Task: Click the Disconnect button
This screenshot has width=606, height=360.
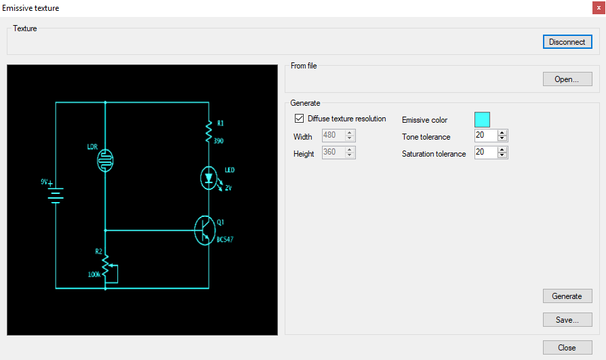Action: (567, 42)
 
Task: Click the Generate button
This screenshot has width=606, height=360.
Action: (567, 296)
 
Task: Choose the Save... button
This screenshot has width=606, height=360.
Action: (567, 320)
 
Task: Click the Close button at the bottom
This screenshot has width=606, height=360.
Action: (567, 348)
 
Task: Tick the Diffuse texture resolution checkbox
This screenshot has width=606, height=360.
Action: (299, 119)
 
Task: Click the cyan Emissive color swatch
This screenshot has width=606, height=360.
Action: (482, 120)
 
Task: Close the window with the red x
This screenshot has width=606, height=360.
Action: (599, 7)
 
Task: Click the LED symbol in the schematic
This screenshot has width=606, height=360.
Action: (209, 178)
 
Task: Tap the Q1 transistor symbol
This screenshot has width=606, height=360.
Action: (205, 231)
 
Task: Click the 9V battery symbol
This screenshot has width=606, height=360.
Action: (56, 195)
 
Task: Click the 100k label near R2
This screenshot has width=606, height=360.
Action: (94, 275)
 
